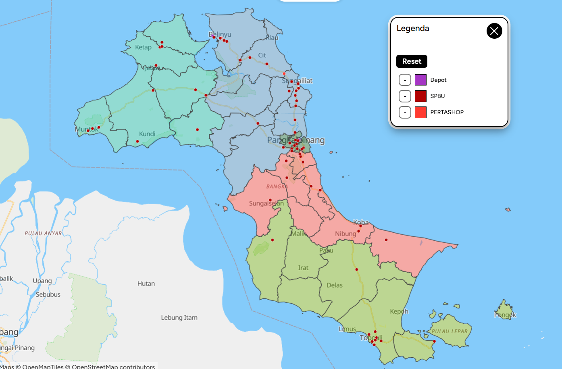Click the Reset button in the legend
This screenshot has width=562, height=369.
click(412, 61)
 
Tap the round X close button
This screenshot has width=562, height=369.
click(494, 31)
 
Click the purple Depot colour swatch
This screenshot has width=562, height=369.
click(420, 80)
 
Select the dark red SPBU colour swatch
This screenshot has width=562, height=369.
click(420, 96)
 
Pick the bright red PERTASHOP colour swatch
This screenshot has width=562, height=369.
click(420, 112)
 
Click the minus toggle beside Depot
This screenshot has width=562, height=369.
click(405, 80)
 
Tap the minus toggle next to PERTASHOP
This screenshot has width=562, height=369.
click(405, 112)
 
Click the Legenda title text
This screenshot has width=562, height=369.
click(413, 29)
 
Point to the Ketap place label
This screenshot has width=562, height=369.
click(143, 47)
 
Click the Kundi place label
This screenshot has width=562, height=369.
click(147, 134)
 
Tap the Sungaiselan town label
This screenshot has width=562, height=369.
click(266, 203)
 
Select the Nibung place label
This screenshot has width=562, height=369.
click(346, 233)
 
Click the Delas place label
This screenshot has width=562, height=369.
click(335, 285)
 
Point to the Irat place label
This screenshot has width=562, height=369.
click(303, 268)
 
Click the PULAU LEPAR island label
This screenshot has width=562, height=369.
click(450, 331)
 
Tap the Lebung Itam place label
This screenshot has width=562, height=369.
click(179, 317)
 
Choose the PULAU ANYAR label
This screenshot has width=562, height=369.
click(43, 233)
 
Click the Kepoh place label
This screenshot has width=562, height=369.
click(399, 311)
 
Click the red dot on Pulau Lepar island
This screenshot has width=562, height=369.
click(434, 342)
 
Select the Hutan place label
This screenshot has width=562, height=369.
click(146, 284)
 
